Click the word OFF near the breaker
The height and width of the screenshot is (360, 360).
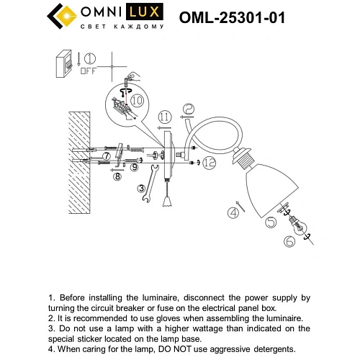[x=88, y=71]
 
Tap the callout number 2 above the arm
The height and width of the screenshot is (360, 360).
[x=188, y=109]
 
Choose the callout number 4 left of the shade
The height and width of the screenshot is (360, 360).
[x=232, y=212]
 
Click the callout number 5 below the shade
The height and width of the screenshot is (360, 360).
[x=269, y=224]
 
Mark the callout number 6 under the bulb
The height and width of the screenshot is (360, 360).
[x=289, y=242]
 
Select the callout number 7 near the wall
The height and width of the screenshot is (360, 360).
[x=106, y=156]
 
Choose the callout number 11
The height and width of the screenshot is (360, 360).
[x=165, y=115]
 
